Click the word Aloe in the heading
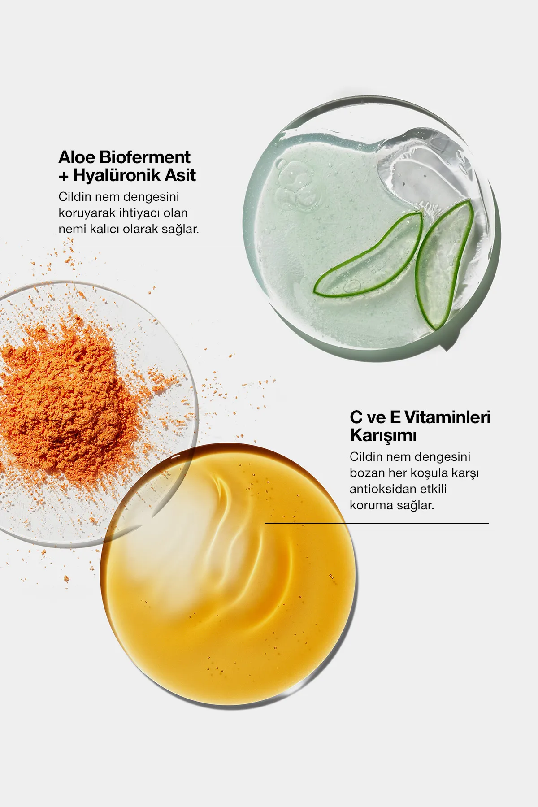[x=77, y=157]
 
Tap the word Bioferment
[x=144, y=157]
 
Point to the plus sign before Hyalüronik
[x=64, y=176]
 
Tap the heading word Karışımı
[x=383, y=435]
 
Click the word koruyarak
[x=87, y=213]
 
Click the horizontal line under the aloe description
[x=170, y=247]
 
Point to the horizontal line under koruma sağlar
[x=377, y=523]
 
